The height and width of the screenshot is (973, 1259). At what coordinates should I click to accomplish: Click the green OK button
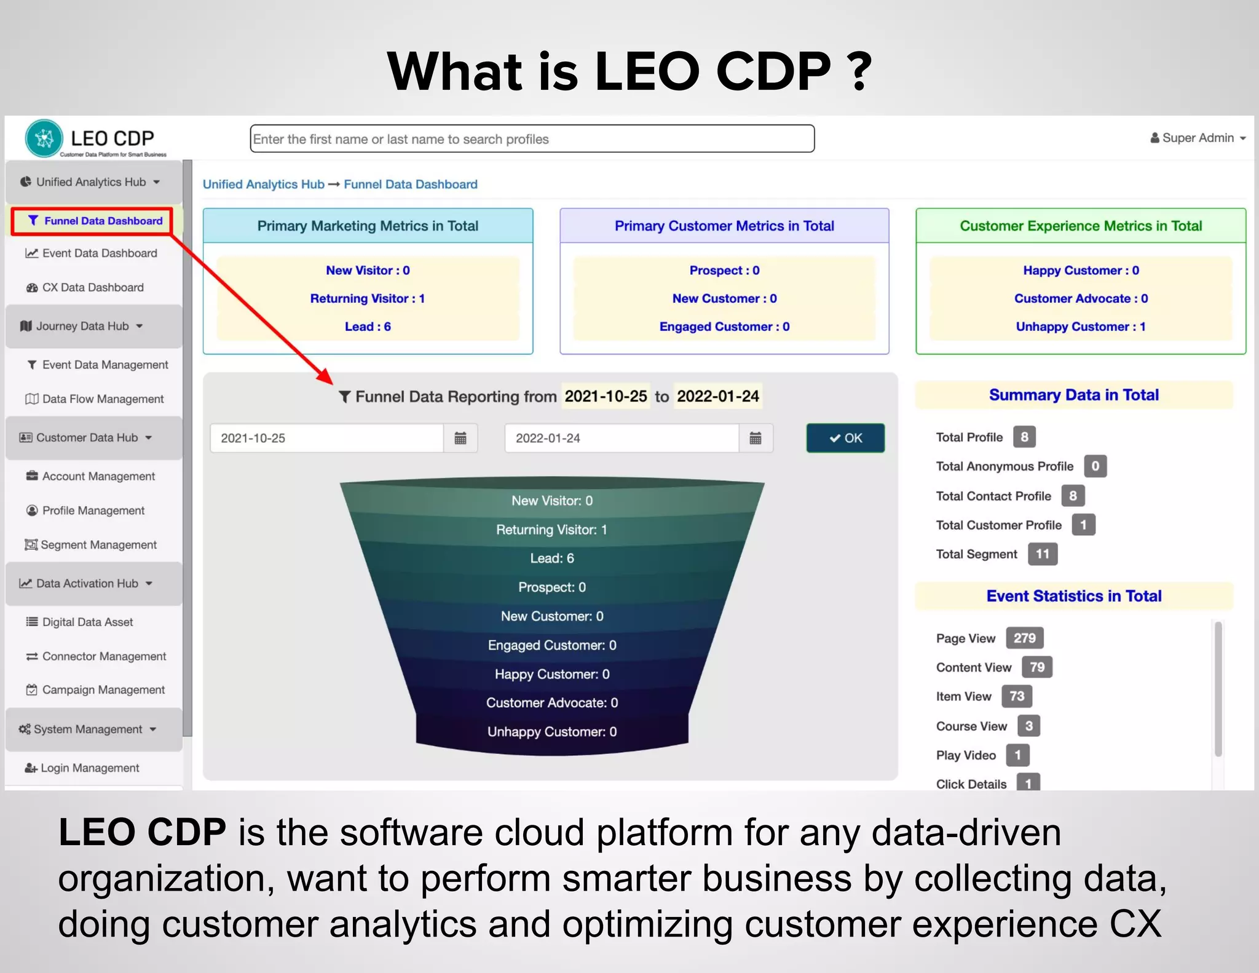[x=845, y=438]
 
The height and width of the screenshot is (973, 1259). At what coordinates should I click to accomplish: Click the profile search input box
[x=532, y=139]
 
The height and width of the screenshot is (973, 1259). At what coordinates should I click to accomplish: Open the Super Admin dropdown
[x=1198, y=138]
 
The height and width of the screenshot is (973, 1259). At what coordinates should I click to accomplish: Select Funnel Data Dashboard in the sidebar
[x=97, y=221]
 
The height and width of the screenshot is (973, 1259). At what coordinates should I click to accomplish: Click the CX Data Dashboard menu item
[x=92, y=287]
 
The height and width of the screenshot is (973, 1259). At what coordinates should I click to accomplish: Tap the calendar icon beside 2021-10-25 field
[x=460, y=438]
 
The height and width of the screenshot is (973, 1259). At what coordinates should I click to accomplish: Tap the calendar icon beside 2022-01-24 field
[x=756, y=438]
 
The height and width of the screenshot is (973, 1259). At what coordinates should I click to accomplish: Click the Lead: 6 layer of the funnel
[x=552, y=558]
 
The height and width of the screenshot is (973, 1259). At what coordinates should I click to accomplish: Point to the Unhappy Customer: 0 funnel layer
[x=552, y=731]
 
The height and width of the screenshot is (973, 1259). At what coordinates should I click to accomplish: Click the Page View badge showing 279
[x=1024, y=638]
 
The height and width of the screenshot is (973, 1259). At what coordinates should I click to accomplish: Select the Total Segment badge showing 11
[x=1042, y=554]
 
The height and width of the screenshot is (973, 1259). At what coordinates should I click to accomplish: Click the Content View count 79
[x=1037, y=667]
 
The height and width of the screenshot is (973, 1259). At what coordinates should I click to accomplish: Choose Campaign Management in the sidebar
[x=103, y=689]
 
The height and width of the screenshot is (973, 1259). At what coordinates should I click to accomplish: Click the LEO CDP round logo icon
[x=44, y=138]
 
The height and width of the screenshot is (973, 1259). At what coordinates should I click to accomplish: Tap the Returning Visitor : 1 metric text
[x=368, y=298]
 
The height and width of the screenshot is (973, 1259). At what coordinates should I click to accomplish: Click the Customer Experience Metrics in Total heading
[x=1081, y=226]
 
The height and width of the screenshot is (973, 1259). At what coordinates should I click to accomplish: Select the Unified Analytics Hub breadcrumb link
[x=263, y=184]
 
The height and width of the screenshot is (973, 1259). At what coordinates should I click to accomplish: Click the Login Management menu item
[x=90, y=768]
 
